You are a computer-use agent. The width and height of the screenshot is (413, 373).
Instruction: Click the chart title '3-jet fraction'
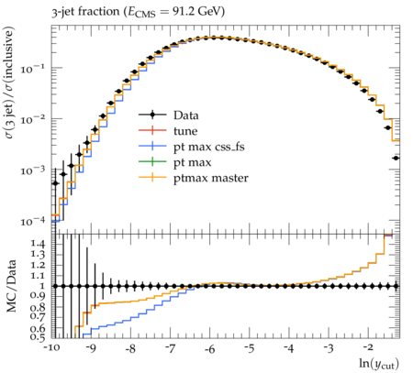pos(86,12)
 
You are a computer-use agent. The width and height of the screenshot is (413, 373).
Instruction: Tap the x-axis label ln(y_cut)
pos(379,364)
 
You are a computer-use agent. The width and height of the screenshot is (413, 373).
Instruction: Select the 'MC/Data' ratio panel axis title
pos(11,286)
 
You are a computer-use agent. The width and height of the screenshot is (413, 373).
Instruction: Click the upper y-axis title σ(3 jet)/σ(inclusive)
pos(9,82)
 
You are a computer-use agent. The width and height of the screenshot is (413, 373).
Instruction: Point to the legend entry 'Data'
pos(186,115)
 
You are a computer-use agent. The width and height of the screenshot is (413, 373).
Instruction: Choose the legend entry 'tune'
pos(185,131)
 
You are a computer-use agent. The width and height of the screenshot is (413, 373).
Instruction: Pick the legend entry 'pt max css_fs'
pos(209,147)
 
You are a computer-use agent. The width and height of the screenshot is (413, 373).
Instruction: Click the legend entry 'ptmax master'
pos(211,178)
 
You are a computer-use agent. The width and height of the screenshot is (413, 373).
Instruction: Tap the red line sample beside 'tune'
pos(152,130)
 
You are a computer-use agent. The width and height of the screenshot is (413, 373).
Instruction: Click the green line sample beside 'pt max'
pos(152,162)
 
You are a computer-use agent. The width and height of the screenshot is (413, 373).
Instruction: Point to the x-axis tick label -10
pos(51,348)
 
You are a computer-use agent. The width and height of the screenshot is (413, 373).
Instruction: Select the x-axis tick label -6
pos(209,348)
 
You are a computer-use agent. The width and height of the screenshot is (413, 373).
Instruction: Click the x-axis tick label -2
pos(368,348)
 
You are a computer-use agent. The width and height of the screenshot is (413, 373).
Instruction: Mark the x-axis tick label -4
pos(289,348)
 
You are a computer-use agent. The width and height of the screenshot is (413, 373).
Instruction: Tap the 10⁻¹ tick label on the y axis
pos(31,69)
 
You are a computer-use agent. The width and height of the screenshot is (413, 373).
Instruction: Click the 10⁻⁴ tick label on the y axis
pos(31,221)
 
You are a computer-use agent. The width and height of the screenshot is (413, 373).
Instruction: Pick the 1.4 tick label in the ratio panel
pos(38,244)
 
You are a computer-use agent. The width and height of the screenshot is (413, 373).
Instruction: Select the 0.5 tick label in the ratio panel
pos(38,337)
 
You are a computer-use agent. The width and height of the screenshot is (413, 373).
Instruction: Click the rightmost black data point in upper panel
pos(396,158)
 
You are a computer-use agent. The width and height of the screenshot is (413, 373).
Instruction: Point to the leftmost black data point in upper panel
pos(55,183)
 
